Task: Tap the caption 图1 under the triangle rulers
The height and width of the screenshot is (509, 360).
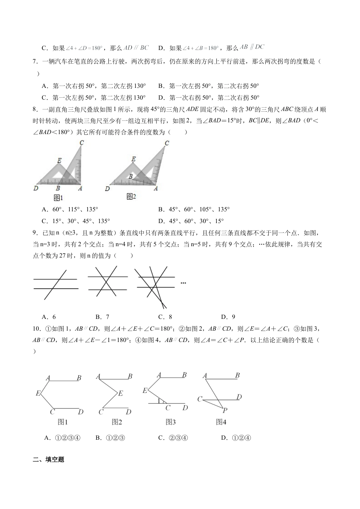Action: (58, 197)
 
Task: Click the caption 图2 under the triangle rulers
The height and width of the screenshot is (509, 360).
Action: (131, 196)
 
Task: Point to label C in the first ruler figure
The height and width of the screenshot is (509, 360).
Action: (81, 143)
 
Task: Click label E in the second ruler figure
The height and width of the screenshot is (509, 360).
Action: (133, 159)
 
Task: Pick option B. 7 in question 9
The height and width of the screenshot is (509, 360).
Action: (102, 317)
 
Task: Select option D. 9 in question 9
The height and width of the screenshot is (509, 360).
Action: (228, 317)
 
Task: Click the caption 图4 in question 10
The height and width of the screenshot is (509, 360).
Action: (221, 422)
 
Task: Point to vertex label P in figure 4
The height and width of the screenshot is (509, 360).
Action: (225, 410)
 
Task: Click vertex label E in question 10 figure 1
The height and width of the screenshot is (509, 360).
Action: (38, 393)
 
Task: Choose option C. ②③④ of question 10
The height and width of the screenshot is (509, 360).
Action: (173, 438)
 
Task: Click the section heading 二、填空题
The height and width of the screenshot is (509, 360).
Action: (49, 460)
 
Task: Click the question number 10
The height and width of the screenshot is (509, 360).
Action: (37, 329)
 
